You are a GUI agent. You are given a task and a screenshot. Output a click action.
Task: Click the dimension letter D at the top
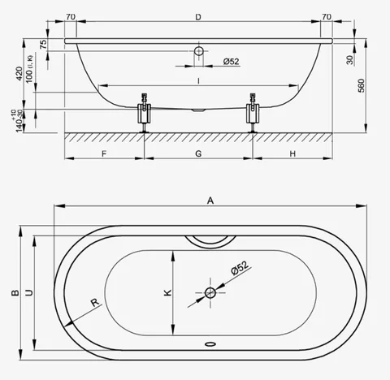(x=198, y=17)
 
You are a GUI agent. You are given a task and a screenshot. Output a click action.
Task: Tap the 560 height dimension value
(x=362, y=85)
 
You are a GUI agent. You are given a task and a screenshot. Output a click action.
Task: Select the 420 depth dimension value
(x=19, y=73)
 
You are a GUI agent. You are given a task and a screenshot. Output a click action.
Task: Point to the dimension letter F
(x=104, y=153)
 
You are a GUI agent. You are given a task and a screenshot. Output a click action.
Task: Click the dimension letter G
(x=198, y=153)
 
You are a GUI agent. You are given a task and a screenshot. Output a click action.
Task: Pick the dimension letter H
(x=292, y=153)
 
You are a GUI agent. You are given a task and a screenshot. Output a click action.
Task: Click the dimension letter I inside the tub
(x=198, y=81)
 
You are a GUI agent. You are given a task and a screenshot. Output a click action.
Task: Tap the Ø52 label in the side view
(x=232, y=62)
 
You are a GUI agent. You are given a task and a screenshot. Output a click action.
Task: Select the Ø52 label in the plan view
(x=240, y=268)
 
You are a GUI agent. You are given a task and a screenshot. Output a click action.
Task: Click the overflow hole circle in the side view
(x=199, y=51)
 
